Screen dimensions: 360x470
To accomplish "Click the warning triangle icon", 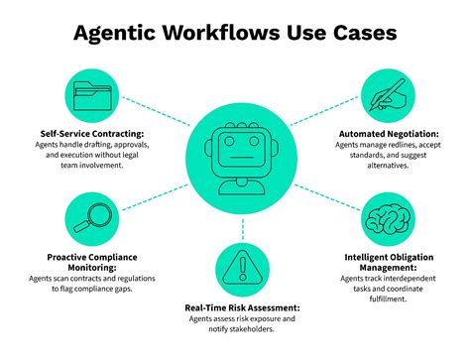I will [x=236, y=267].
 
